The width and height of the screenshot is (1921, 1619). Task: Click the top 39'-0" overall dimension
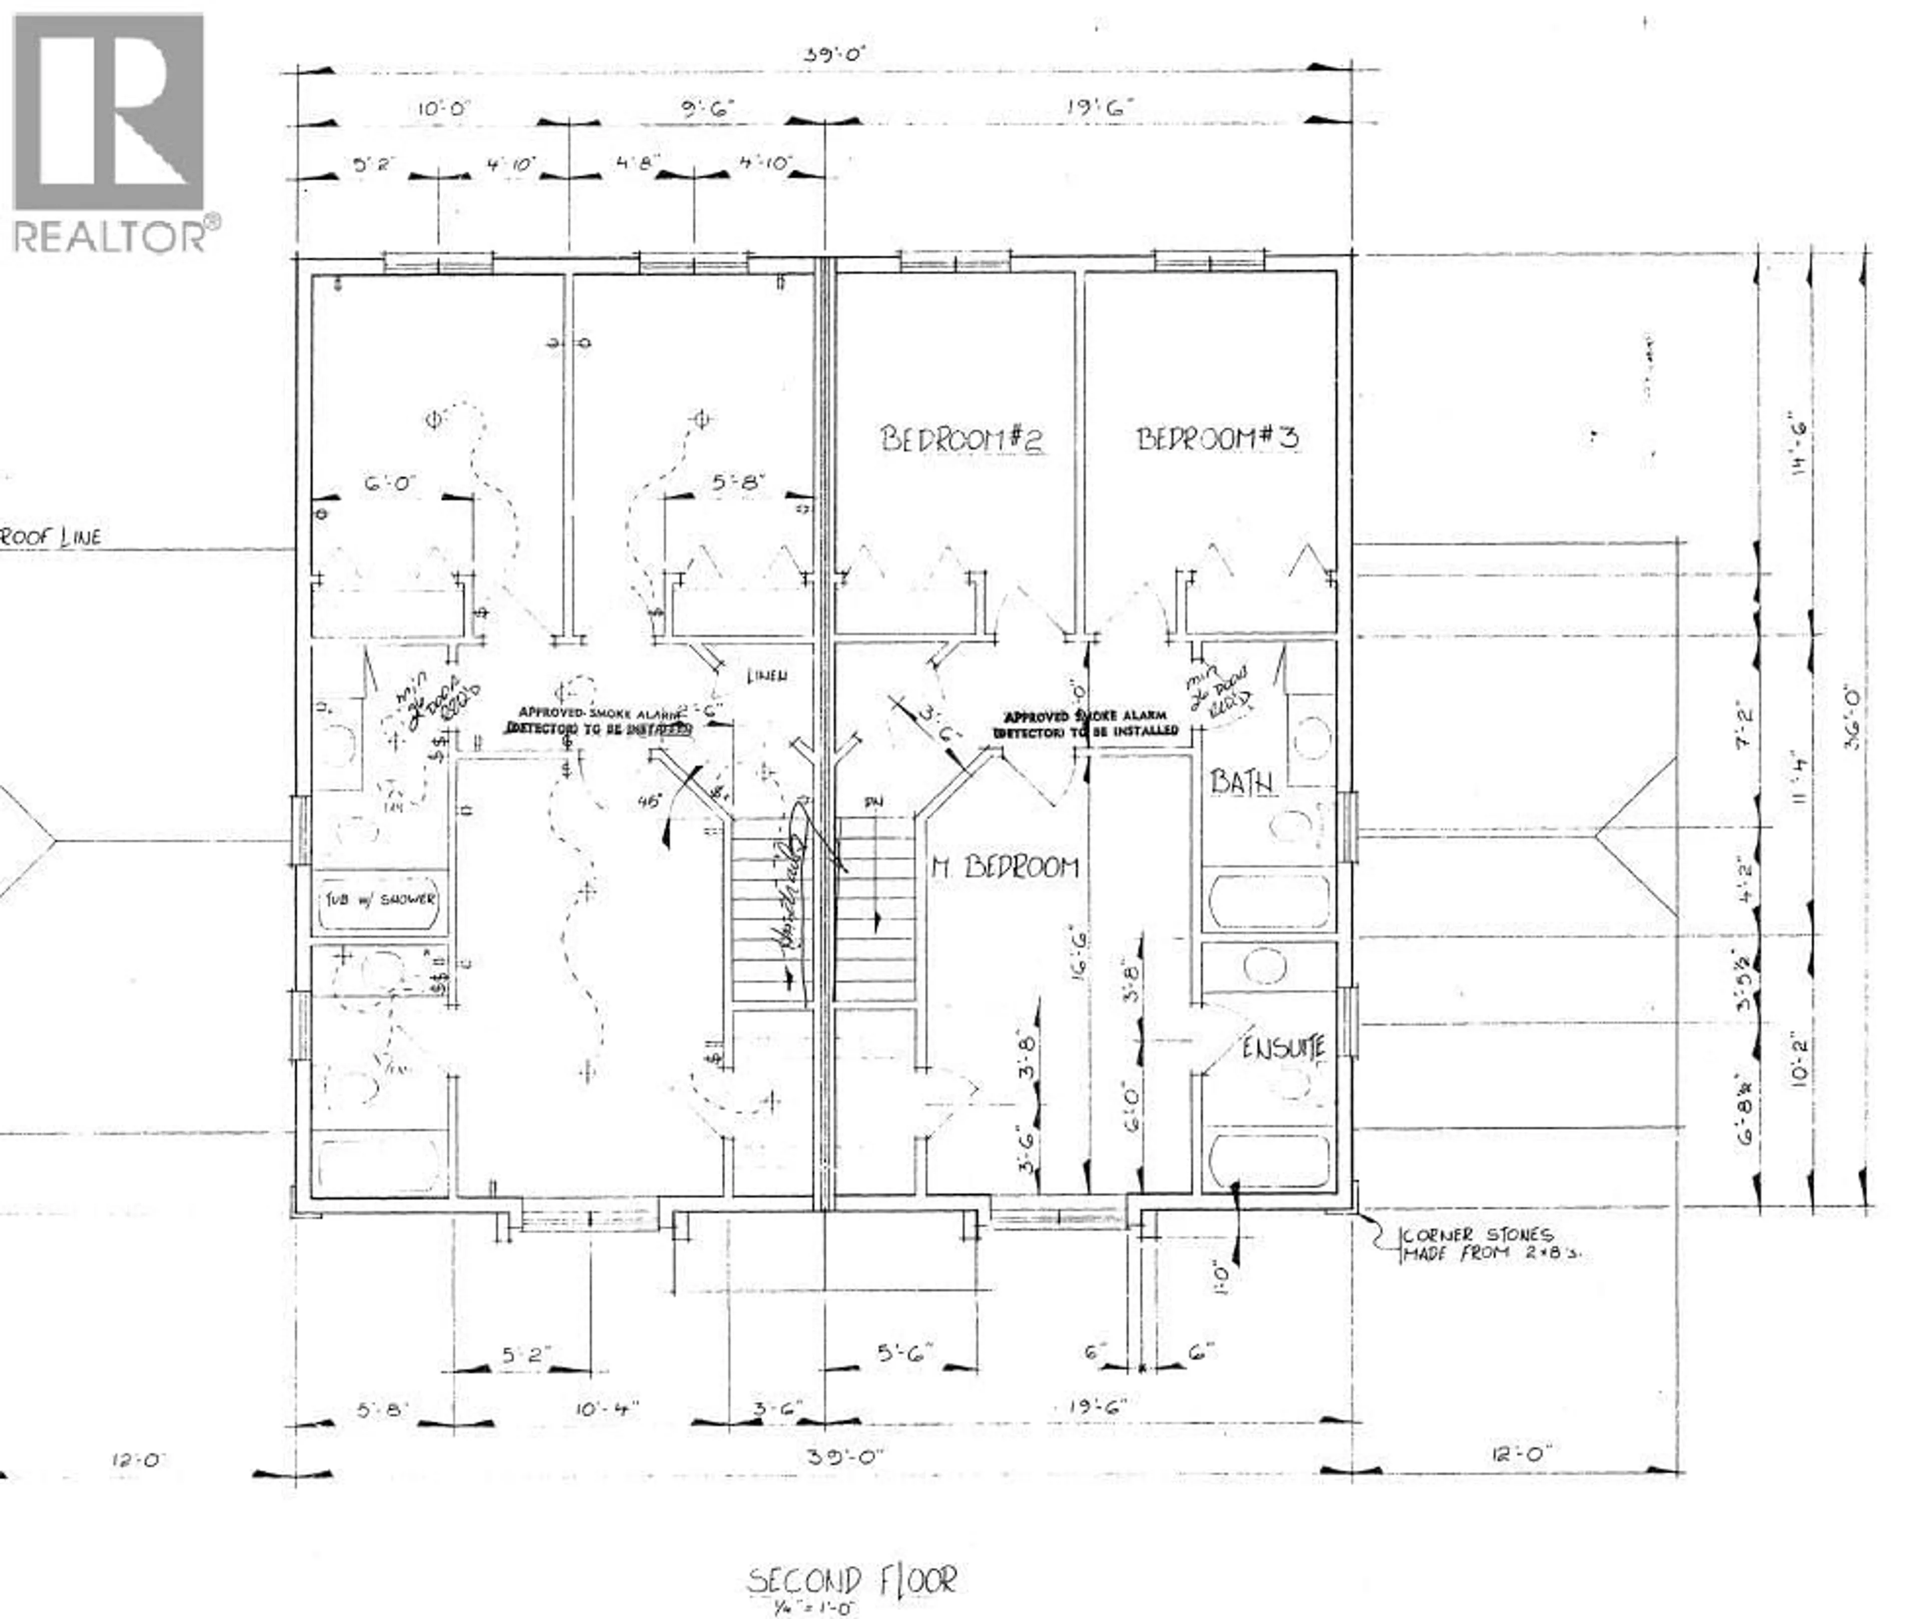(x=834, y=54)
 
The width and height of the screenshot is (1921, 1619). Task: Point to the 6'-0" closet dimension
(x=391, y=483)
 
